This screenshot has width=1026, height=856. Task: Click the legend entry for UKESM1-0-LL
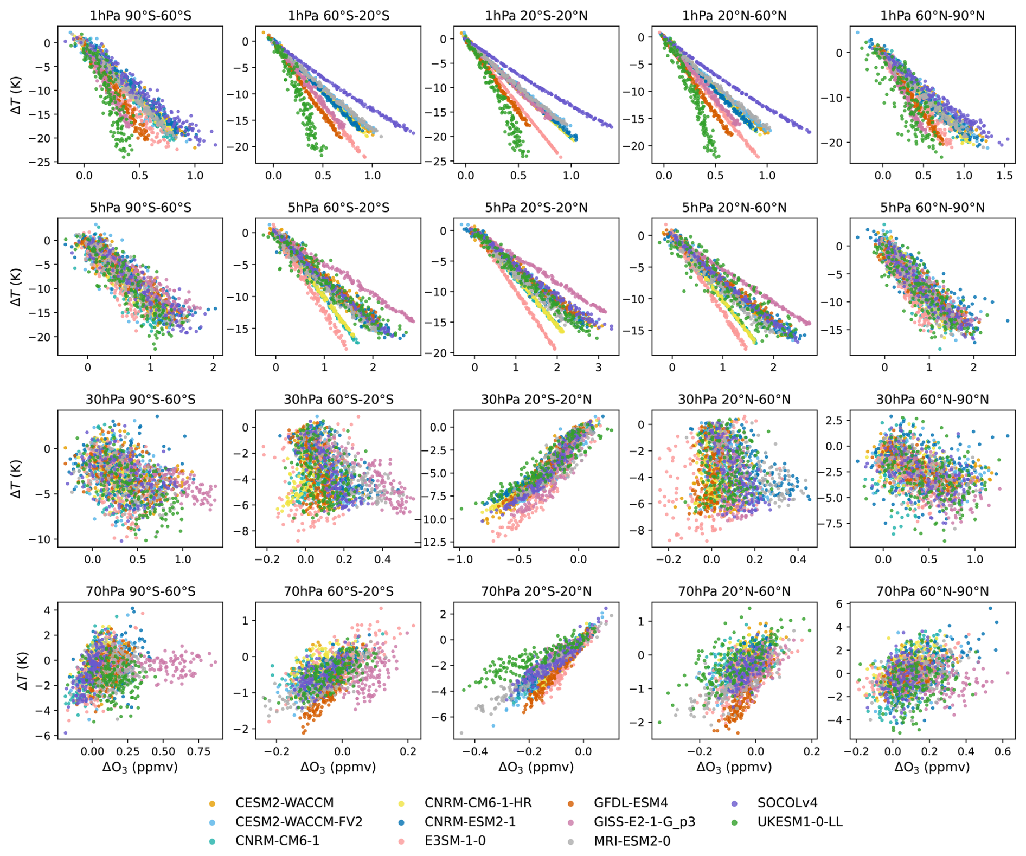(x=800, y=822)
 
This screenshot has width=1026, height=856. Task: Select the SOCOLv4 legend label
(x=787, y=803)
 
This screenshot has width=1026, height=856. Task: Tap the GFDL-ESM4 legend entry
(x=631, y=803)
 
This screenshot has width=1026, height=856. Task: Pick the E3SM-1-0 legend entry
(x=454, y=841)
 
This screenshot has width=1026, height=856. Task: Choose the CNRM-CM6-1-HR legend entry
(x=478, y=803)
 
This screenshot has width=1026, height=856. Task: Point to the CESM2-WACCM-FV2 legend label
(x=299, y=822)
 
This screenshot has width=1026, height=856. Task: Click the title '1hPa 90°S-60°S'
(x=140, y=16)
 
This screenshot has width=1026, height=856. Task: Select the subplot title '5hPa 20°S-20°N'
(x=536, y=208)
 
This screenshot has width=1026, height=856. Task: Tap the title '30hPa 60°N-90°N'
(x=932, y=400)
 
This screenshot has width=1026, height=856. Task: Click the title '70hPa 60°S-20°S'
(x=338, y=591)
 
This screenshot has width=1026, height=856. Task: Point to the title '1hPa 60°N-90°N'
(x=932, y=16)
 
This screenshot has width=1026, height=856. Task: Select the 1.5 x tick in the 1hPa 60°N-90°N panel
(x=1004, y=176)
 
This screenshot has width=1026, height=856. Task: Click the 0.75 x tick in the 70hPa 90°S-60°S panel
(x=198, y=751)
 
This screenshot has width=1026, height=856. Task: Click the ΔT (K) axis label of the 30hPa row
(x=17, y=479)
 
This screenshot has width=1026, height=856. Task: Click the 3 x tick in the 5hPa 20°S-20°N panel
(x=598, y=368)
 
